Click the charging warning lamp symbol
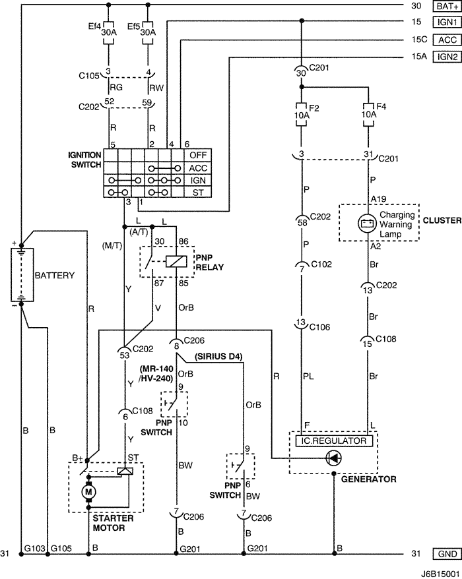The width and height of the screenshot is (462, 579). pos(367,223)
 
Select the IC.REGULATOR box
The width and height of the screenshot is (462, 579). pos(334,441)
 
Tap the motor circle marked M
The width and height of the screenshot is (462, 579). pos(88,491)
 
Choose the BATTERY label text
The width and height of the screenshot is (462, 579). pos(55,275)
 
